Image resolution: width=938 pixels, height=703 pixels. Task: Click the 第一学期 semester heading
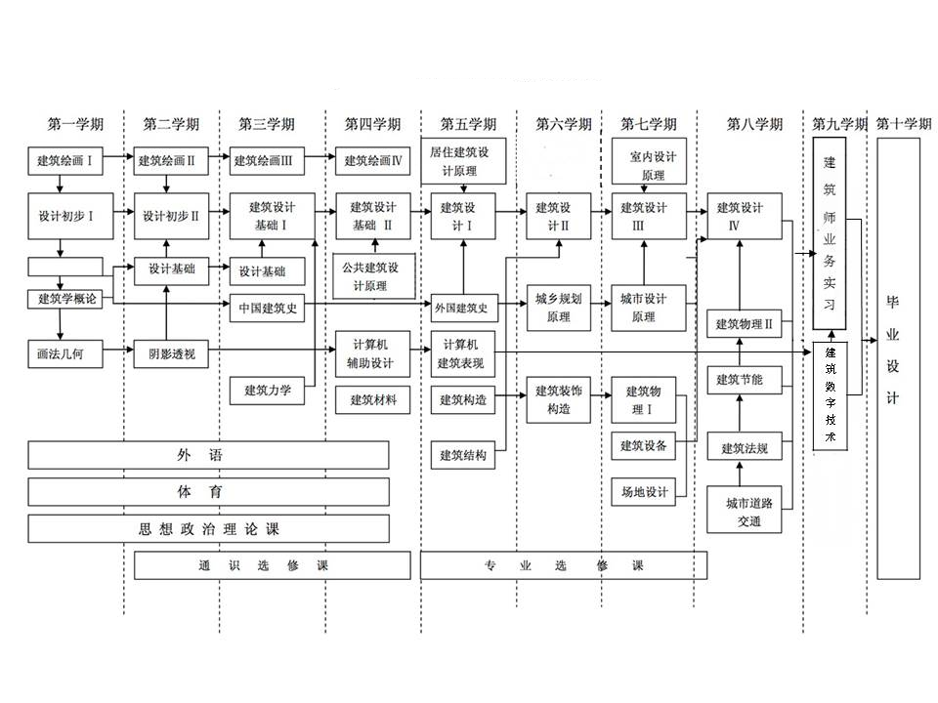(x=75, y=124)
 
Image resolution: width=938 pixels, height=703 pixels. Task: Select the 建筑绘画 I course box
(x=64, y=160)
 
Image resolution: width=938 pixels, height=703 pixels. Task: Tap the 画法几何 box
(x=64, y=352)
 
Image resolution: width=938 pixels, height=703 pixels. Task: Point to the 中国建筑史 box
(x=267, y=310)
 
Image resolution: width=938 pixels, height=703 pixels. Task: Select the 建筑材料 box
(x=372, y=399)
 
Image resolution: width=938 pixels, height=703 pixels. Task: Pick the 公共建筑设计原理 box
(x=374, y=276)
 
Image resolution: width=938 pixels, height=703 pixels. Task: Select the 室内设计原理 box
(x=650, y=163)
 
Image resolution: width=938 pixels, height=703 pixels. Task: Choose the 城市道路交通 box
(x=749, y=512)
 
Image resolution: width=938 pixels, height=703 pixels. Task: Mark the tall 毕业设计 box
(x=898, y=357)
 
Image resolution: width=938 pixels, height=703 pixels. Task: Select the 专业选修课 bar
(x=564, y=565)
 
